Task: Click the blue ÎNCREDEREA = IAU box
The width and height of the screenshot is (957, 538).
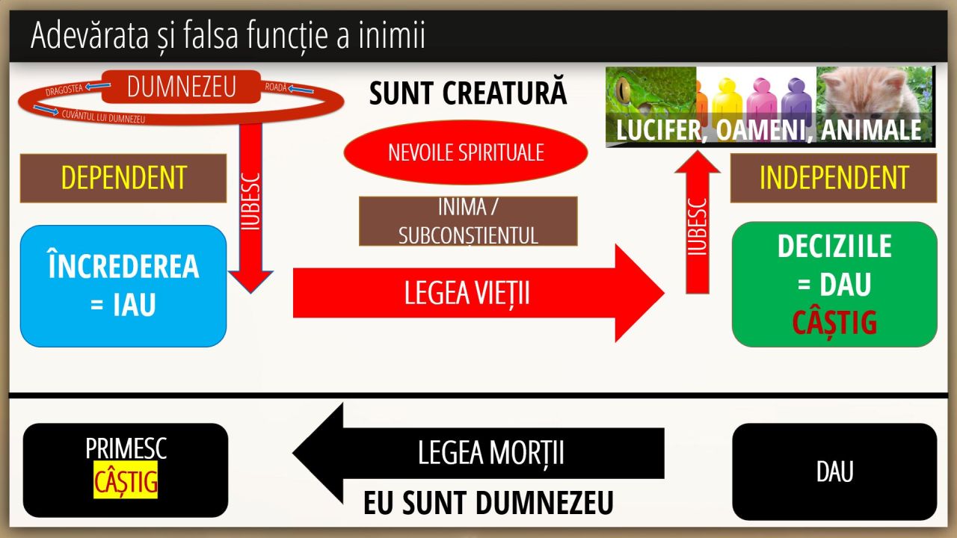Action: [x=123, y=286]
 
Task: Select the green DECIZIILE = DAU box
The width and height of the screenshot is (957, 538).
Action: [x=834, y=284]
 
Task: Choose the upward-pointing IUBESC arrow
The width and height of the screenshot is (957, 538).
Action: [x=697, y=224]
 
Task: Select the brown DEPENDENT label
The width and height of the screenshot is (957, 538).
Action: [x=123, y=178]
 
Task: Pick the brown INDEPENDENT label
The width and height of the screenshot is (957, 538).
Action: [x=834, y=178]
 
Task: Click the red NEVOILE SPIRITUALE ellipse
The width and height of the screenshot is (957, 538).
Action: [x=465, y=152]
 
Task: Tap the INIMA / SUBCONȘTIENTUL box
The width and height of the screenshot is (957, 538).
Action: [x=468, y=221]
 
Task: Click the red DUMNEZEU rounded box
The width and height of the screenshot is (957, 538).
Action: [x=181, y=87]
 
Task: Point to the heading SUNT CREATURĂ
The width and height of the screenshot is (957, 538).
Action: [x=468, y=93]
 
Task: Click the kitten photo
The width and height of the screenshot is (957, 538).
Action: [x=875, y=93]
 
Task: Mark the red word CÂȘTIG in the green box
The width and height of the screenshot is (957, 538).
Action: [x=834, y=323]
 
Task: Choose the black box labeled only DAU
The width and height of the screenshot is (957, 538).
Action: [x=834, y=471]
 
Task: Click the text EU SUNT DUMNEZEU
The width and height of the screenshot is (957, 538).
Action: [x=488, y=503]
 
